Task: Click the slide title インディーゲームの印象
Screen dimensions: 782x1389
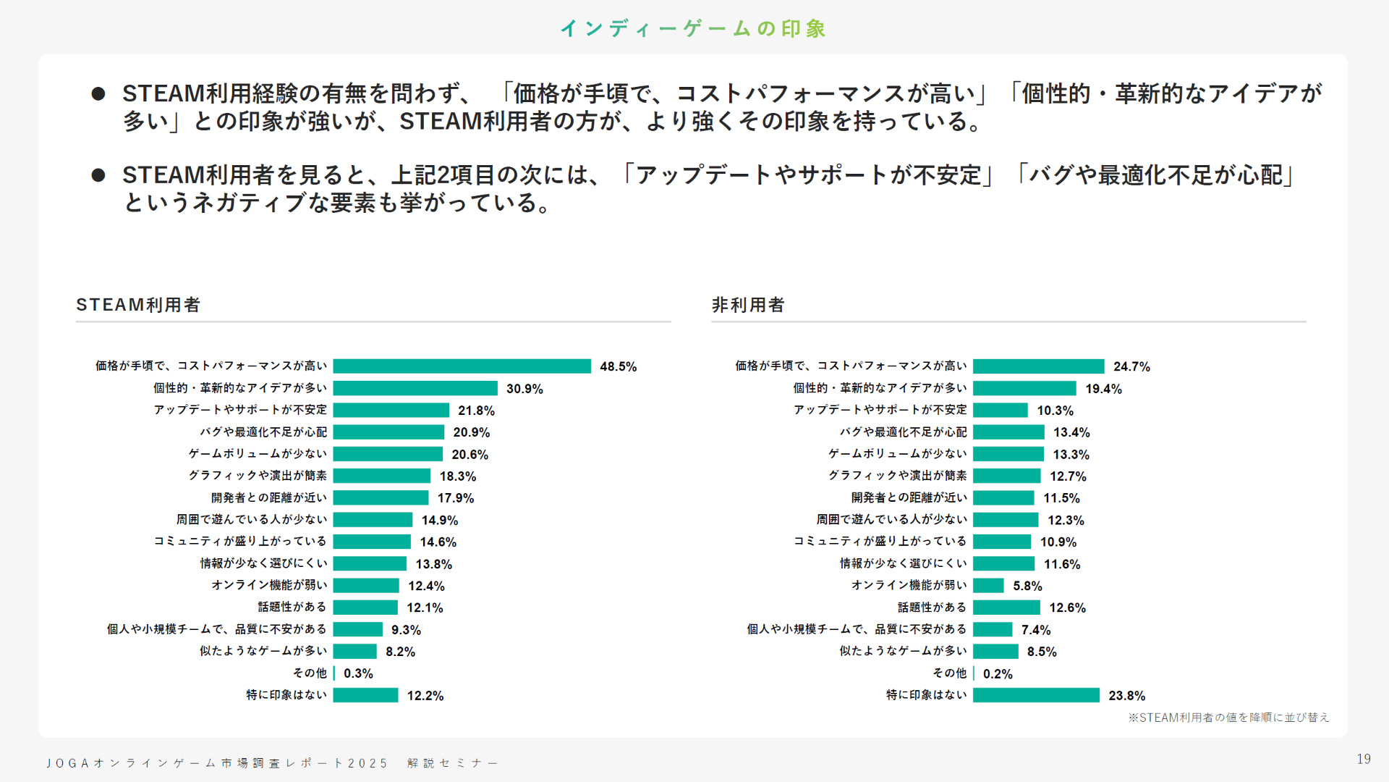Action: coord(693,28)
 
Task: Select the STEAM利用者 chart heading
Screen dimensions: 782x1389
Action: coord(138,305)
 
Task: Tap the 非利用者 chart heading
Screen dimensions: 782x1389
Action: coord(748,305)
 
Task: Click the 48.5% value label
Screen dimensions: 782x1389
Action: coord(618,366)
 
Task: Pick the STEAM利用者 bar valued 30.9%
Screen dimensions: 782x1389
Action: coord(415,388)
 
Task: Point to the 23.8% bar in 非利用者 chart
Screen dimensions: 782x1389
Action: coord(1036,695)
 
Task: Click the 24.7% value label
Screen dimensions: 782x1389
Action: coord(1131,366)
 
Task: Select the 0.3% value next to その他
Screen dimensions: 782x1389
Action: coord(358,673)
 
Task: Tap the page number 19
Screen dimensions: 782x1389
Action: coord(1364,759)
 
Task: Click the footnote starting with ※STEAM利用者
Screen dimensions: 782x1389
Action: coord(1228,718)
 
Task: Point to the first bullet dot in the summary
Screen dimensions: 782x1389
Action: coord(98,93)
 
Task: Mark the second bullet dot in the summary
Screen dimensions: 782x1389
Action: coord(98,175)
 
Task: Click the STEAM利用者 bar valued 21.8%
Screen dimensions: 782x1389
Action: coord(391,410)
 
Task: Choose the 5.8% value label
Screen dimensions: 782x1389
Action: coord(1027,586)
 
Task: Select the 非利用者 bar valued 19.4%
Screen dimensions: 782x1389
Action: coord(1024,388)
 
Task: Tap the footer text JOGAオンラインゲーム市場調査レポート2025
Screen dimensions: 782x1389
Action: coord(217,763)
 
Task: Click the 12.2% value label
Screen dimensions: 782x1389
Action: coord(425,695)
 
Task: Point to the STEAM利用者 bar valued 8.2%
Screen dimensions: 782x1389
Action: coord(355,651)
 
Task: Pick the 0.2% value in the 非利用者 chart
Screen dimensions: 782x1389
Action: coord(998,673)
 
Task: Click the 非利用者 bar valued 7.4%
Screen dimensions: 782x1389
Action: coord(993,629)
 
